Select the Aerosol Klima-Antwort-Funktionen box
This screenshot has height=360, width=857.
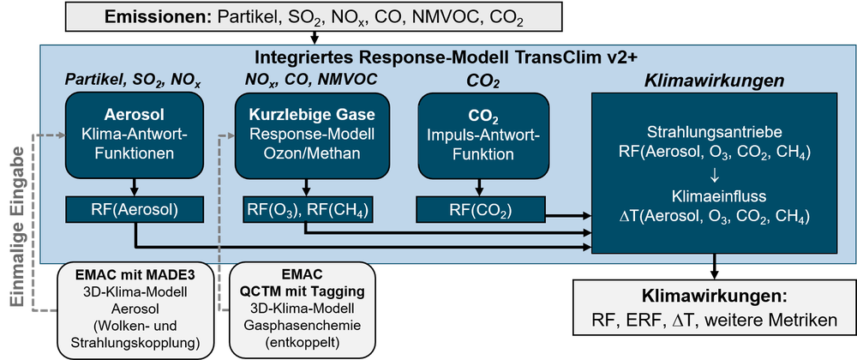134,135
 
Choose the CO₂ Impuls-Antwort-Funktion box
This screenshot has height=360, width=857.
482,135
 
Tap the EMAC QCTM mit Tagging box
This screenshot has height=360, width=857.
303,311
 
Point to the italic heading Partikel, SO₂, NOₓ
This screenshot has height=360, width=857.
134,81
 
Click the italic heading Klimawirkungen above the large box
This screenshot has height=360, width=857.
715,81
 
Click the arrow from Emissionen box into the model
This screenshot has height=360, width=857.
315,37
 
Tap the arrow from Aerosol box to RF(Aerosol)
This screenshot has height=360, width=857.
134,188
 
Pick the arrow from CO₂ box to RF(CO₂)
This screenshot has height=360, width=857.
482,188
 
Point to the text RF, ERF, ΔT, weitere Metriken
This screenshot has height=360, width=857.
715,320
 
